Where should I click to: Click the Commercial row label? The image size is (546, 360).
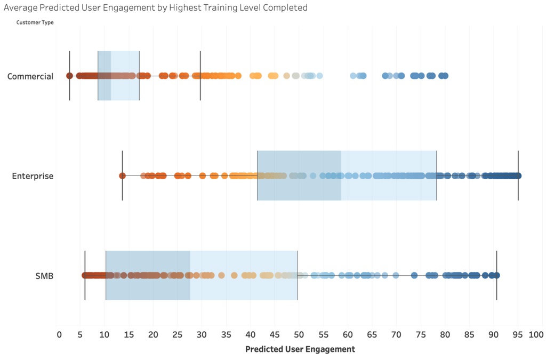click(30, 76)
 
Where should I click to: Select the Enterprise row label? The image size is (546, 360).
click(33, 176)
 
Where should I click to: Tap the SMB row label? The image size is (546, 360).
click(44, 276)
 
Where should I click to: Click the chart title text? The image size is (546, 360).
click(155, 7)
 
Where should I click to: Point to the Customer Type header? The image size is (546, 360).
click(35, 22)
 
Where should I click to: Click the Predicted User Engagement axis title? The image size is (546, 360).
click(300, 349)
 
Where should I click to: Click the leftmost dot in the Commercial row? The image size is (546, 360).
click(69, 76)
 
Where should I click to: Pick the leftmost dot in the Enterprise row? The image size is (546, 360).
click(122, 175)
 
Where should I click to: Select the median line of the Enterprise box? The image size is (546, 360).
click(341, 175)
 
